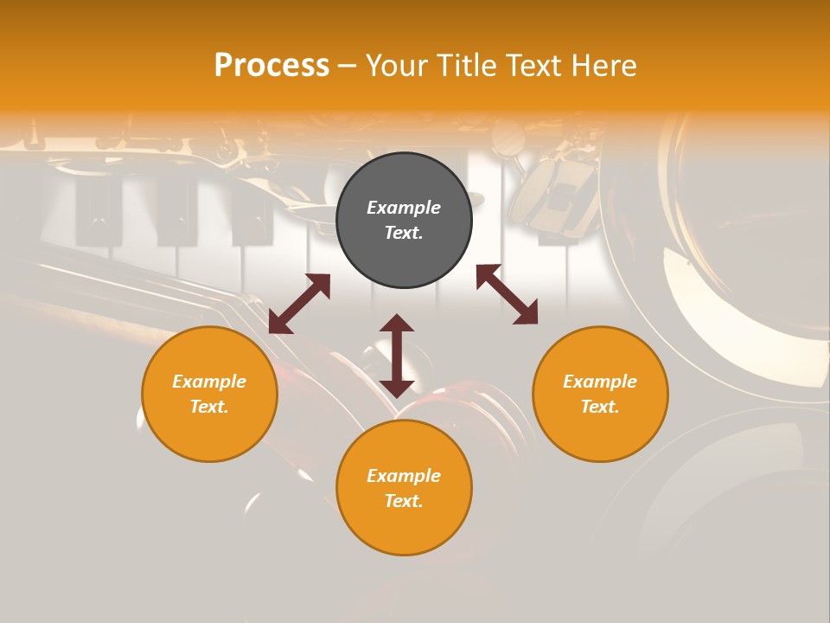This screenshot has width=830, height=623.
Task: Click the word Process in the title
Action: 271,66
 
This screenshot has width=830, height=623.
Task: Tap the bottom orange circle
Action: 404,528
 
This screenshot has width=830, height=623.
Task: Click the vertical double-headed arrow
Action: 397,356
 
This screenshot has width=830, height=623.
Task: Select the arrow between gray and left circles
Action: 299,304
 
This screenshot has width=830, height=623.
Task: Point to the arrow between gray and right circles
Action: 507,294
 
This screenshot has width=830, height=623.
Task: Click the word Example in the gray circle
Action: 404,208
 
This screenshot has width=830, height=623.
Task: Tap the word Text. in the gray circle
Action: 404,233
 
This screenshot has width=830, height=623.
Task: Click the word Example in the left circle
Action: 209,382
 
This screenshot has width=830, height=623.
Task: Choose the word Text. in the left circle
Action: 209,407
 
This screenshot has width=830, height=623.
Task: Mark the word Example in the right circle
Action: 600,382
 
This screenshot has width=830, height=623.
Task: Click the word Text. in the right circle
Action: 600,407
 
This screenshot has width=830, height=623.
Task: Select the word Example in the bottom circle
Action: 404,476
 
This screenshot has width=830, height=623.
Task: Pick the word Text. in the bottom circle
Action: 404,501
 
